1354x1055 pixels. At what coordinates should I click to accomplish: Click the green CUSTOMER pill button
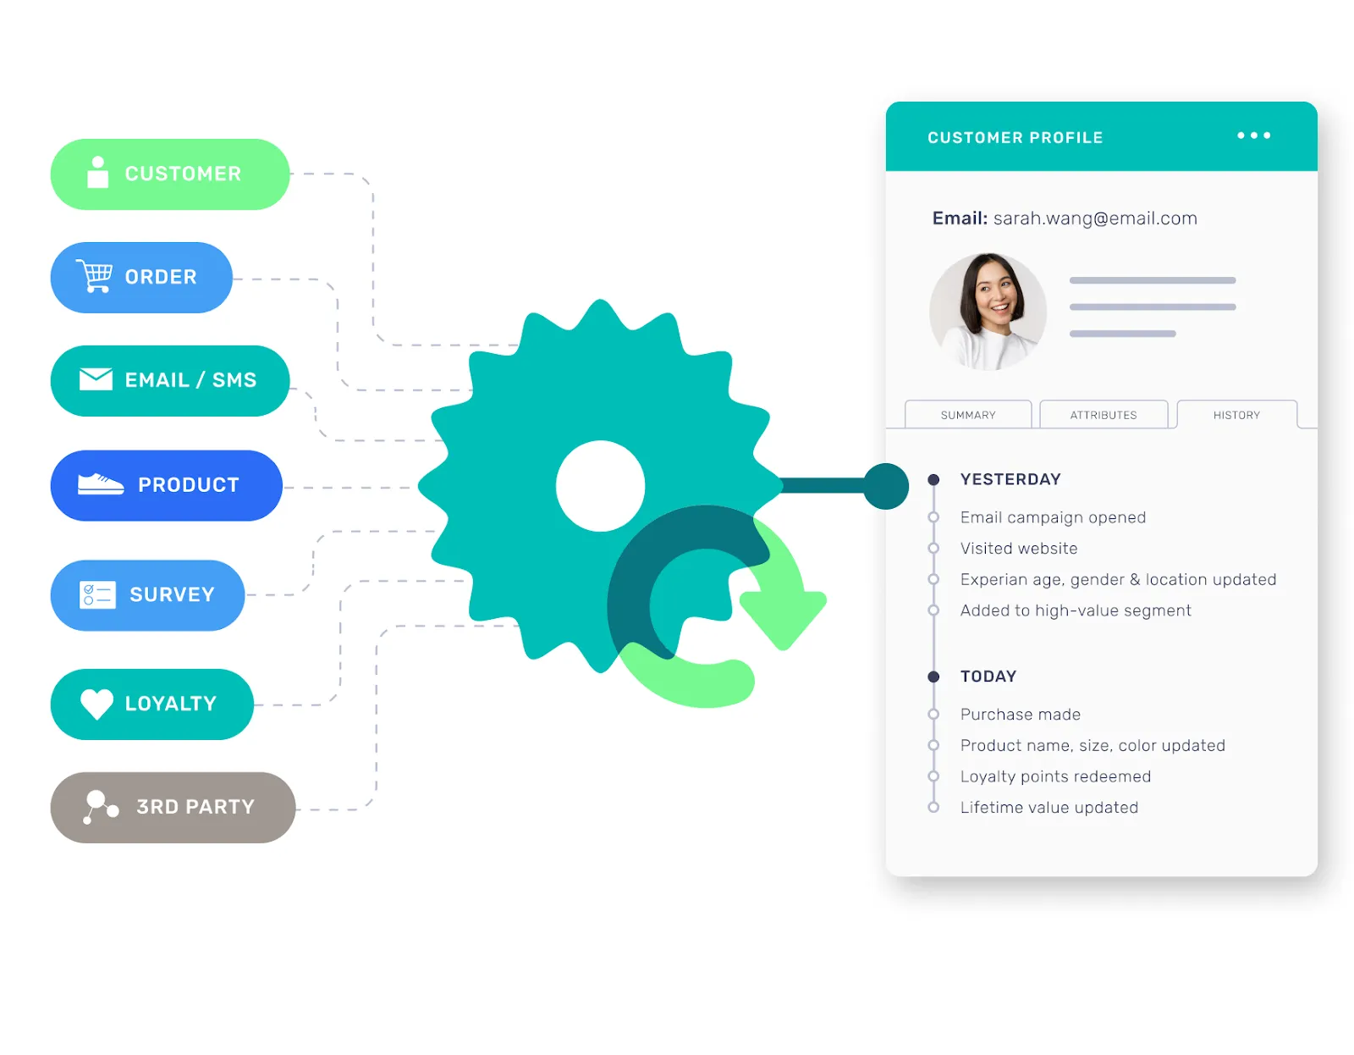(169, 174)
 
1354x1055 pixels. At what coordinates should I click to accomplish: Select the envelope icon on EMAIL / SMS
(96, 379)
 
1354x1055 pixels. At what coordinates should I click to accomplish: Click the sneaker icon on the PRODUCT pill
(100, 484)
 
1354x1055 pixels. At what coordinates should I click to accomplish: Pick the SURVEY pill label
(172, 594)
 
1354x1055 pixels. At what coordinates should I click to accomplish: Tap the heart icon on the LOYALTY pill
(96, 704)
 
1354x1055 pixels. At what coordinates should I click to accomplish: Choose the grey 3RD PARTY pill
(173, 807)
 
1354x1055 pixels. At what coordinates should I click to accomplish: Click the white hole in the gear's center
(600, 486)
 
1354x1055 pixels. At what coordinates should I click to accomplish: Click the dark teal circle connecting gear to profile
(886, 486)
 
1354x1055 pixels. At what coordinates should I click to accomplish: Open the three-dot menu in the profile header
(1253, 135)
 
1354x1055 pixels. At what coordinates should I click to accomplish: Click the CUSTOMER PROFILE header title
(1015, 137)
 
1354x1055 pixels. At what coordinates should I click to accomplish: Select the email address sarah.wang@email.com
(1095, 218)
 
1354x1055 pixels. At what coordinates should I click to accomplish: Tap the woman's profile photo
(988, 312)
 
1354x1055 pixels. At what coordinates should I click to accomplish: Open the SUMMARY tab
(968, 415)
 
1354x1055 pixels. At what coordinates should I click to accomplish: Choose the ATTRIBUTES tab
(1103, 415)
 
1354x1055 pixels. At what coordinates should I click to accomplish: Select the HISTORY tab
(1236, 415)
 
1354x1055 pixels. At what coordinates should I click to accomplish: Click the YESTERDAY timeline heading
(1010, 479)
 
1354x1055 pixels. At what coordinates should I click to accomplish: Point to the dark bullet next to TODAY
(933, 677)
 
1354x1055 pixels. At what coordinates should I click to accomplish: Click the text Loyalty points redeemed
(1055, 776)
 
